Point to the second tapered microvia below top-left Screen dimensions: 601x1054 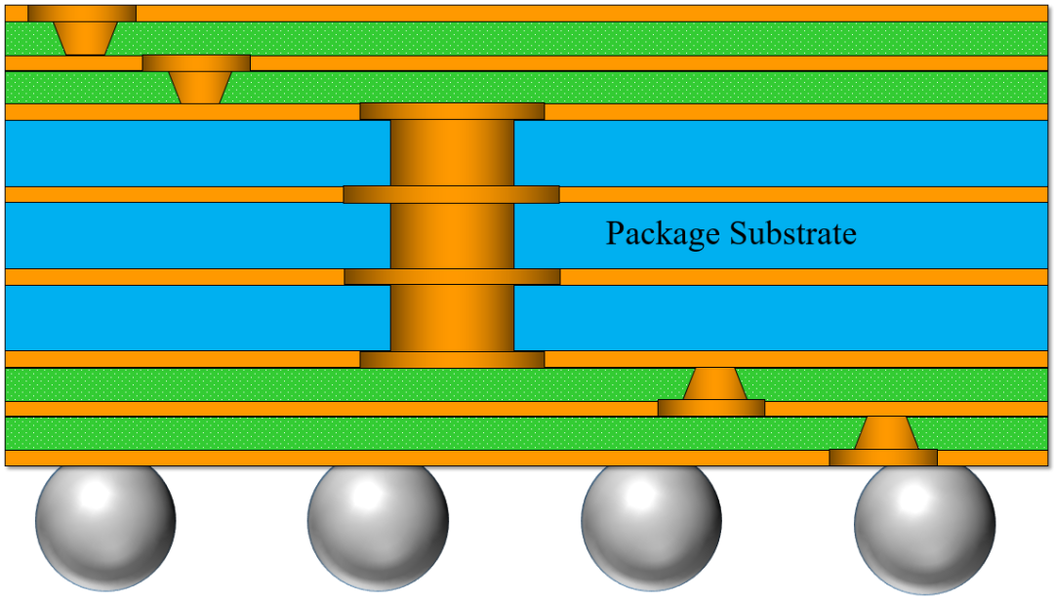(201, 88)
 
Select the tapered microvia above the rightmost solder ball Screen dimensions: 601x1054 (886, 433)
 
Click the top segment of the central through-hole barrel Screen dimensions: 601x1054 (452, 152)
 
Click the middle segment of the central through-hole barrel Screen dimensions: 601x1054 (452, 235)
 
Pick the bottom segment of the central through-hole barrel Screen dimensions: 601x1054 (452, 317)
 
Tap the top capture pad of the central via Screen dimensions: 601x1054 (452, 111)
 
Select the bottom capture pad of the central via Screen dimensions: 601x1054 (452, 359)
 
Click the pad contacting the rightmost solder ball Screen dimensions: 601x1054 (883, 458)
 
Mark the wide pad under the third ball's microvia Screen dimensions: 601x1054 (710, 408)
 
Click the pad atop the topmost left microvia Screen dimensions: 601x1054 (81, 13)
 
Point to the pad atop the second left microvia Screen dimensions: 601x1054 (196, 62)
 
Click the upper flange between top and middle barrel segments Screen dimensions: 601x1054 (451, 194)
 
